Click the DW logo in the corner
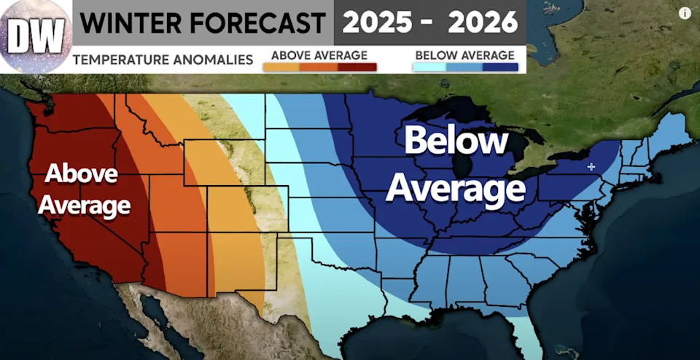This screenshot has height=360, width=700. (36, 35)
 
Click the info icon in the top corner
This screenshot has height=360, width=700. (685, 12)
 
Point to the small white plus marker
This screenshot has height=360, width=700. (591, 167)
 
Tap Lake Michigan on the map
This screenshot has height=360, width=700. (461, 160)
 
